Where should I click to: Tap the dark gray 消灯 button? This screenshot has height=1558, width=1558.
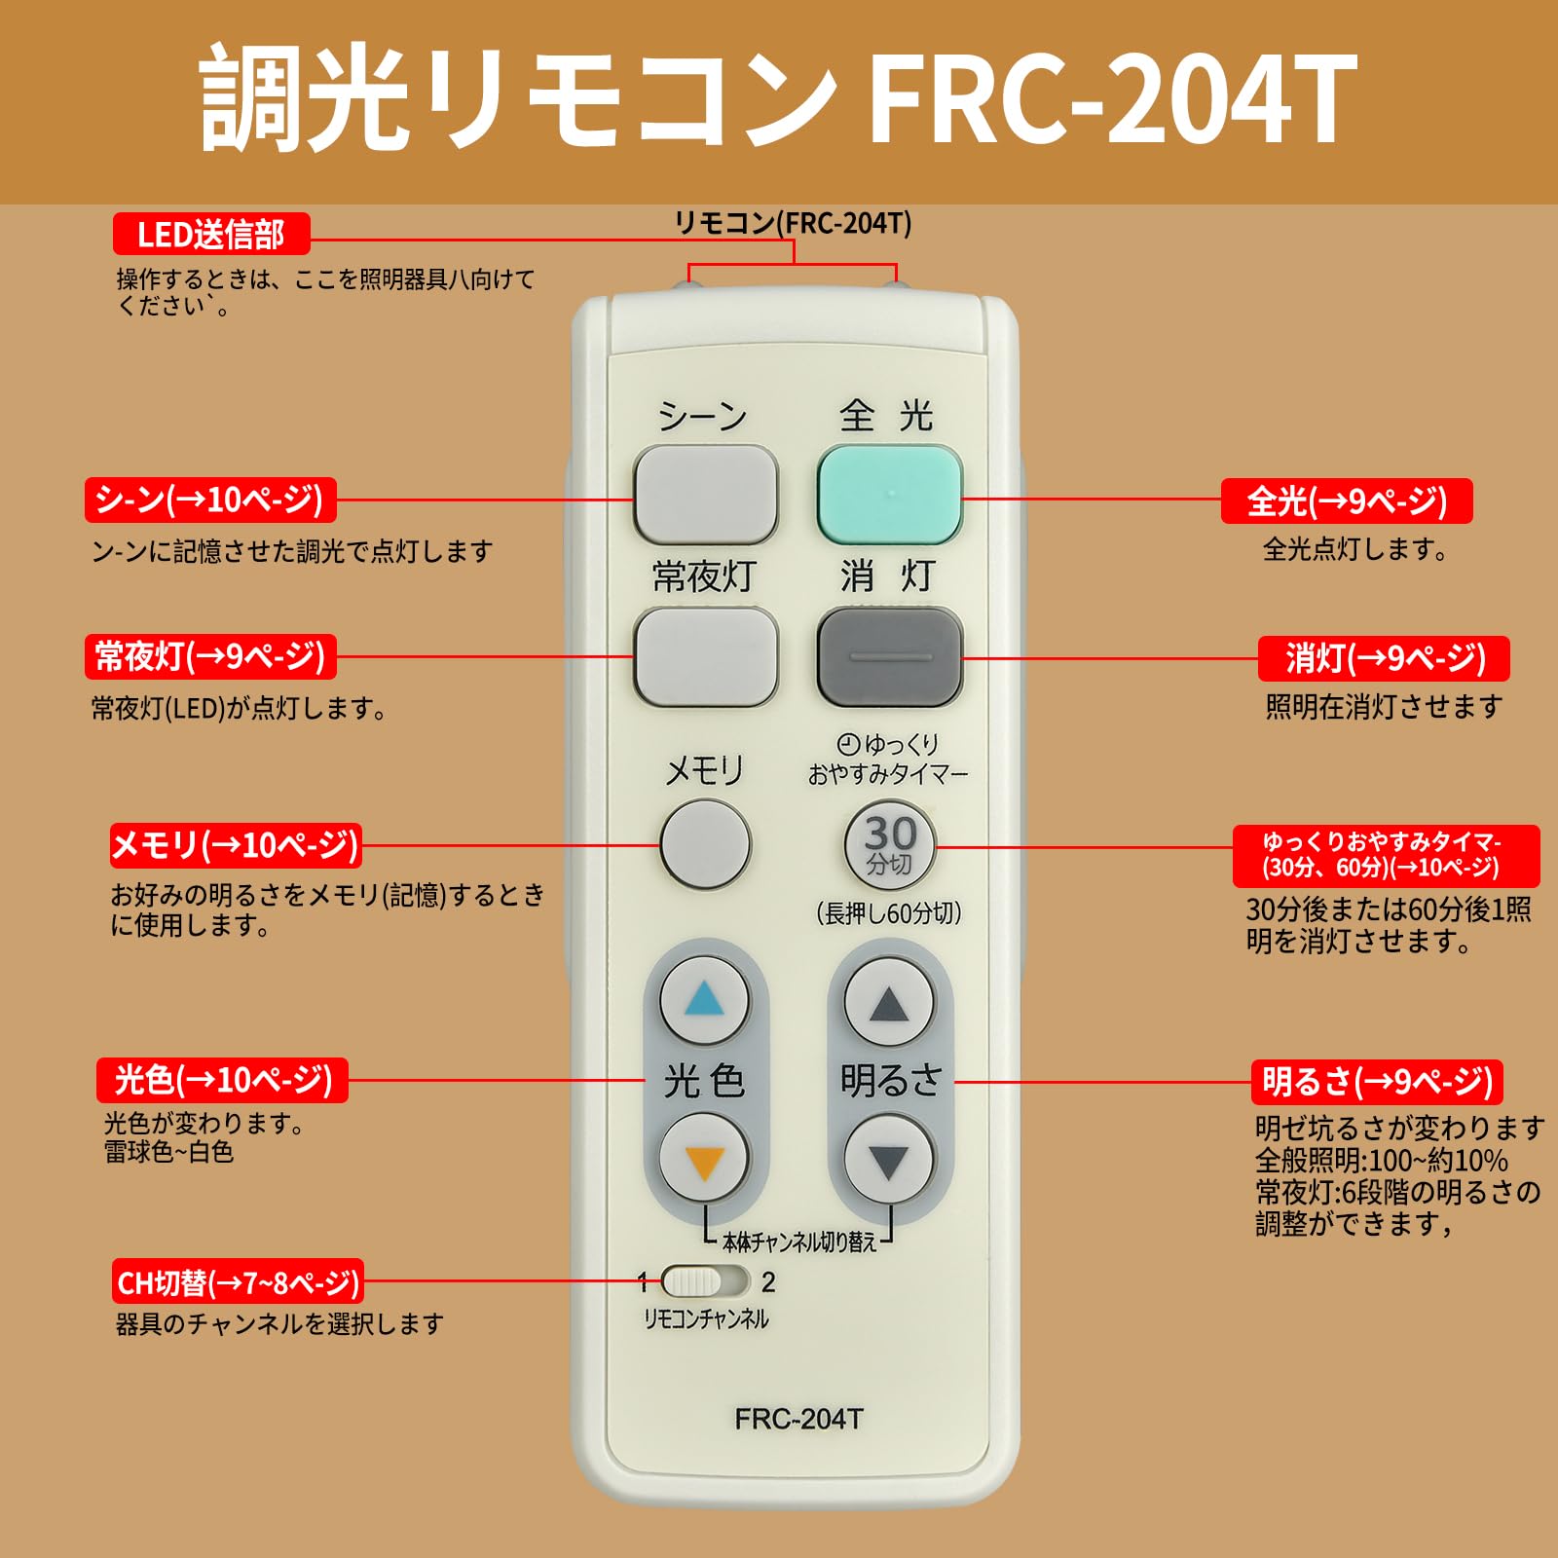[x=889, y=657]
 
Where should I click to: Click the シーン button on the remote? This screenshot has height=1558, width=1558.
[x=705, y=495]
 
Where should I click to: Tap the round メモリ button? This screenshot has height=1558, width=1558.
[x=705, y=843]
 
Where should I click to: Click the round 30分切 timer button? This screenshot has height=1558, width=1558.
[x=889, y=845]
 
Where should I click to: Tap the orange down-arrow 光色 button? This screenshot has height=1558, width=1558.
[x=704, y=1160]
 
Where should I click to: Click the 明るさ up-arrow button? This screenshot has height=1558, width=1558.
[x=888, y=1002]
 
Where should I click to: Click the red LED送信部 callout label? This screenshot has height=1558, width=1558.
[x=210, y=235]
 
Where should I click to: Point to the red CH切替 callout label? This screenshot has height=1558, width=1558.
[x=238, y=1282]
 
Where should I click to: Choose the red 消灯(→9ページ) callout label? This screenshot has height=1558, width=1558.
[x=1384, y=659]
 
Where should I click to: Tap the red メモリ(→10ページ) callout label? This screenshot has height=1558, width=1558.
[x=235, y=845]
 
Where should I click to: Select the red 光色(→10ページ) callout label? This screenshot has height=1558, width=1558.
[x=222, y=1080]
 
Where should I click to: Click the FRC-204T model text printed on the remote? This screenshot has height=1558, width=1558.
[x=798, y=1419]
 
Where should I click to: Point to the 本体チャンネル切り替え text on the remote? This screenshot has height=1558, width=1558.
[x=798, y=1242]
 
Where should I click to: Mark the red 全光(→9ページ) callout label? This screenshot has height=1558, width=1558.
[x=1346, y=501]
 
